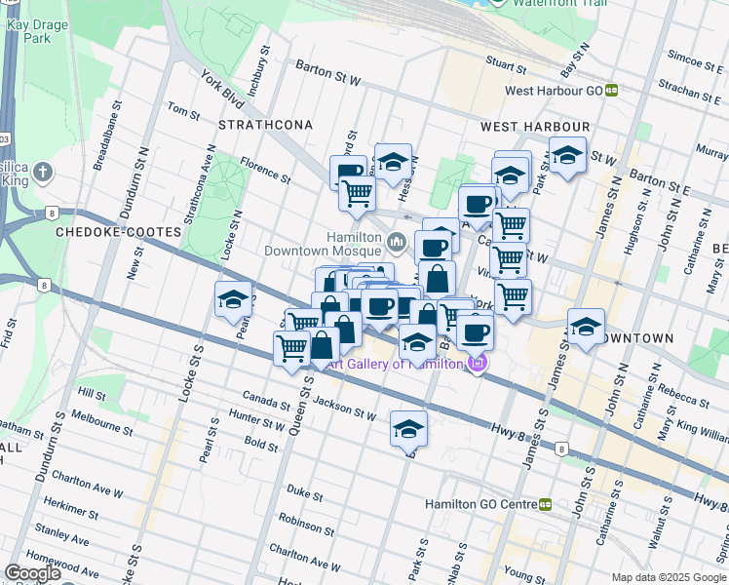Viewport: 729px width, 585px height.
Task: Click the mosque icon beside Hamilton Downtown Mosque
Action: [397, 241]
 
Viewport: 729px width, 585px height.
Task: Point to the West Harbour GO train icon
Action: [611, 91]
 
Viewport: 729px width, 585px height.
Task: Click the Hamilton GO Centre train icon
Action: [545, 504]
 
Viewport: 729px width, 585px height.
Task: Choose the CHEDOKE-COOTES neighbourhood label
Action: [118, 233]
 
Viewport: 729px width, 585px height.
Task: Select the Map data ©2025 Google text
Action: [668, 577]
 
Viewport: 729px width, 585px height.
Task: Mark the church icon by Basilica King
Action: [41, 173]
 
